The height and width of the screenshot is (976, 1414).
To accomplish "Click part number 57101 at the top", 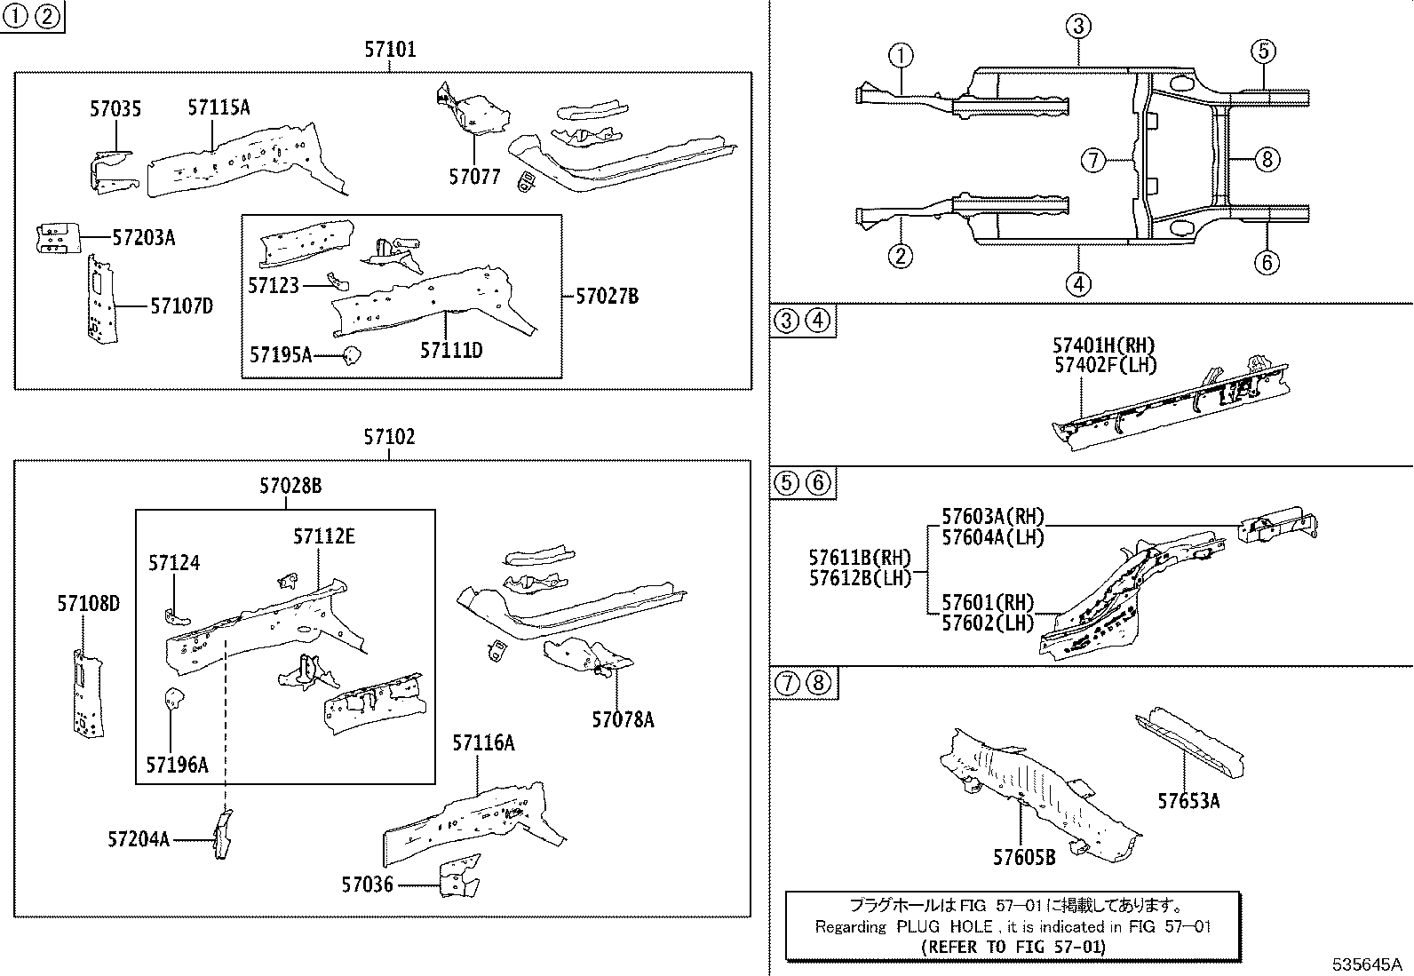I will click(389, 50).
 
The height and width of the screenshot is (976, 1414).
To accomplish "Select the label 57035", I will click(115, 109).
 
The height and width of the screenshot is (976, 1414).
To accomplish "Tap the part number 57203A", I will click(143, 237).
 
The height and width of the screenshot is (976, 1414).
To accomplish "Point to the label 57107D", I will click(181, 306).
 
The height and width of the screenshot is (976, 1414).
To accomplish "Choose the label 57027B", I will click(607, 297).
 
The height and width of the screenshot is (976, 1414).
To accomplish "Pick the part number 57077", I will click(474, 177).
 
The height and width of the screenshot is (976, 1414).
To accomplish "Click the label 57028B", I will click(290, 486).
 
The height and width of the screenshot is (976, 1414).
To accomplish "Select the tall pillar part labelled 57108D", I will click(86, 693).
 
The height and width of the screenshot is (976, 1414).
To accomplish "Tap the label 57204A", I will click(139, 839).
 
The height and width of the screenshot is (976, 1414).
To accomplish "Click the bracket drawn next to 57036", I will click(458, 877).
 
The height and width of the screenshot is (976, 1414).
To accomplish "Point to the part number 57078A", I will click(623, 719).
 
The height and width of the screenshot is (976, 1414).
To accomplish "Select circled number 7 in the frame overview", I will click(1093, 161).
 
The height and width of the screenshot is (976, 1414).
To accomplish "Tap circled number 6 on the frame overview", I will click(1266, 262).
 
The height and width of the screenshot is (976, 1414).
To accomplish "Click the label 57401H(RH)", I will click(1104, 345).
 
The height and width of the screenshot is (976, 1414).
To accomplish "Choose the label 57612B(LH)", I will click(860, 578).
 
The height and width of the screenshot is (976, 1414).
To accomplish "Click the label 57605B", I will click(1024, 857).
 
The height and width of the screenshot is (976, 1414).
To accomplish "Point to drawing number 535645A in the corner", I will click(1366, 964).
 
